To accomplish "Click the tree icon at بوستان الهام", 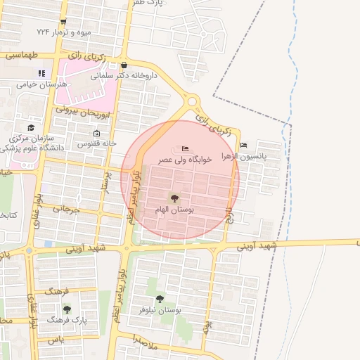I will click(x=174, y=198).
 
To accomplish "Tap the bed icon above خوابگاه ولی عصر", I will click(x=185, y=148).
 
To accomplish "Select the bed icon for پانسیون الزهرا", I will click(x=243, y=146).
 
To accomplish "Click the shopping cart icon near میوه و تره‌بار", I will click(x=63, y=22).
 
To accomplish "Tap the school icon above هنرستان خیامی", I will click(x=41, y=72).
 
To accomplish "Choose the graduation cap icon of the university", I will click(x=31, y=127).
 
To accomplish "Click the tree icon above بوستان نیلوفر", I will click(x=168, y=298).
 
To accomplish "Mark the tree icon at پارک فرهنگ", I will click(x=67, y=309).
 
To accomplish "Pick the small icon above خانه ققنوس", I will click(x=96, y=134).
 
